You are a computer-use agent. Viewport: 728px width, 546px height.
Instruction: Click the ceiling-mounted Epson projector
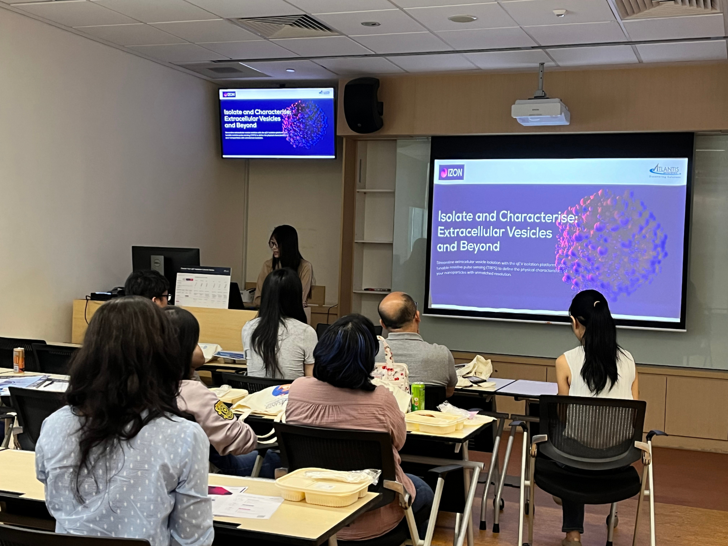click(540, 112)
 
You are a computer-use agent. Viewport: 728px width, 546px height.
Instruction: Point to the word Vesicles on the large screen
click(529, 232)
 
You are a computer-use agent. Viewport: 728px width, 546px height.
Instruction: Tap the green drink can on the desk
click(418, 396)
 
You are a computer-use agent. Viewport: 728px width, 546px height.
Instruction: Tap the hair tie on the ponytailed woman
click(596, 303)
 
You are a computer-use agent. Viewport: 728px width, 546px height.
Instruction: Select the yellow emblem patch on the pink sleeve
click(224, 410)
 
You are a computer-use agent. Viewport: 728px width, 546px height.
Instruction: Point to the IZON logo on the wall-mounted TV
click(229, 94)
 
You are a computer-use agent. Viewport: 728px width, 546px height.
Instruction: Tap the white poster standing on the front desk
click(203, 288)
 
